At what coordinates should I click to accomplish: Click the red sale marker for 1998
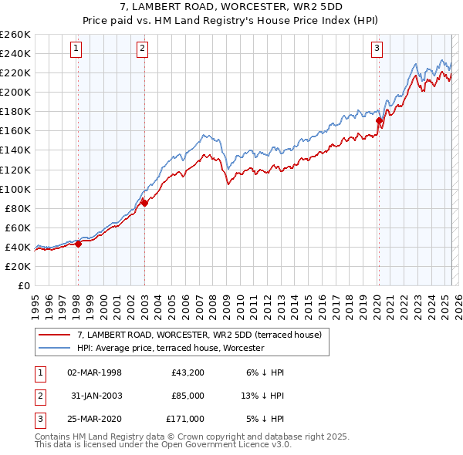78,244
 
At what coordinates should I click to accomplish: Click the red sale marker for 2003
144,203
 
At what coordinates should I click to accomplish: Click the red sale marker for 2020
379,120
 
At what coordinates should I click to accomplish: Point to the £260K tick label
15,35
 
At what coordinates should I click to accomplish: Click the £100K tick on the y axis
15,189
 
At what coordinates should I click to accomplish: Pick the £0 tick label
23,285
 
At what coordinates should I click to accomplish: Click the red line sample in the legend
55,335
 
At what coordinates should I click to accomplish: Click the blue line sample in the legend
55,348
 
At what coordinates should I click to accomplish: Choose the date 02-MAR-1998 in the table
95,372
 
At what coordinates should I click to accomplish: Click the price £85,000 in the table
188,396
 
